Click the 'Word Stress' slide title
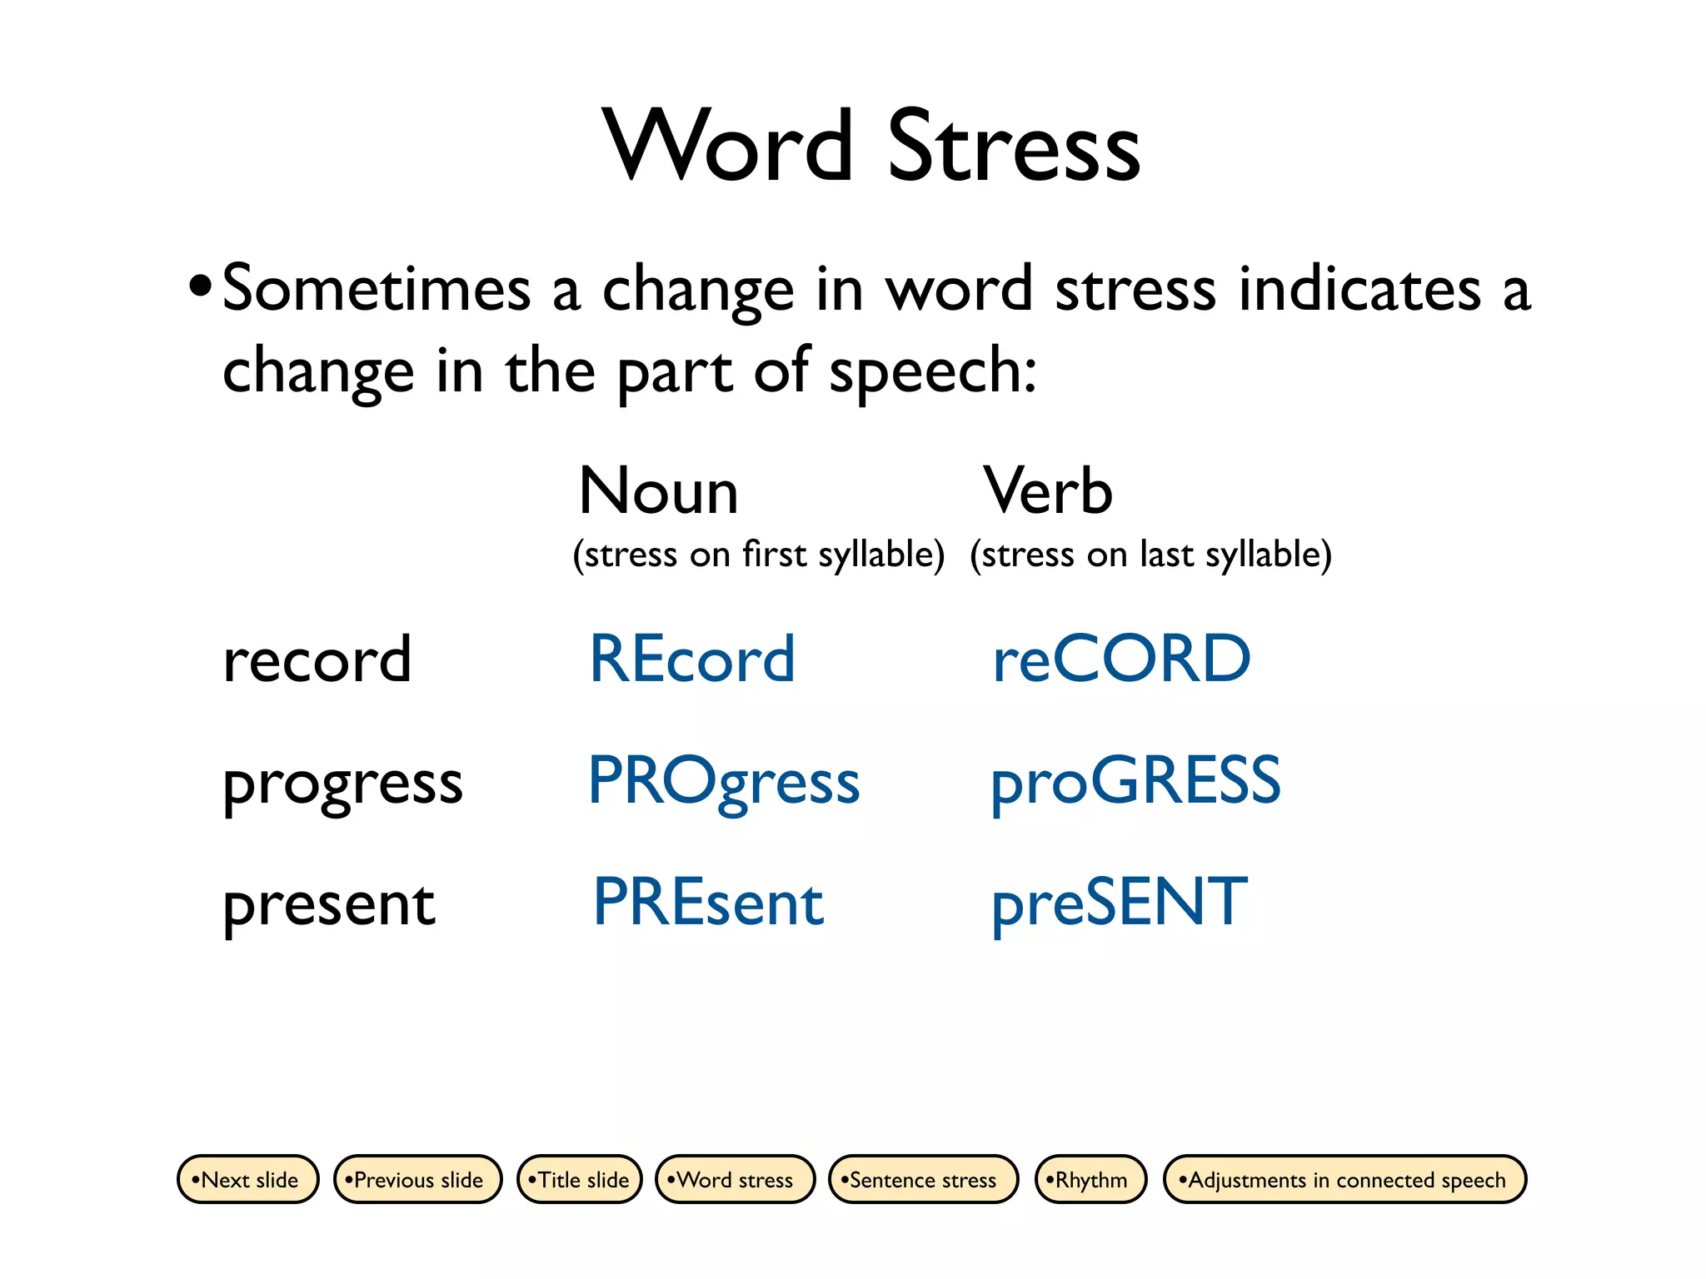870,146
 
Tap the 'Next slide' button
248,1179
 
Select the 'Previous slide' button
417,1179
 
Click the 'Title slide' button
580,1179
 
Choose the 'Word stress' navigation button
735,1179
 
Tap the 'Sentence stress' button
923,1179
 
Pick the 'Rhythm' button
1090,1179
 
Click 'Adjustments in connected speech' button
1344,1179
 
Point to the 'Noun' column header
658,491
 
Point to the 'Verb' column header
1048,491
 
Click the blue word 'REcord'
691,659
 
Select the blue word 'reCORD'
1121,659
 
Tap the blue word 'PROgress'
723,781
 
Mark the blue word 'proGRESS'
1135,781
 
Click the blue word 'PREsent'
708,903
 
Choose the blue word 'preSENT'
1120,903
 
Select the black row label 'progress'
342,784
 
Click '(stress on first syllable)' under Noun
759,555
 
